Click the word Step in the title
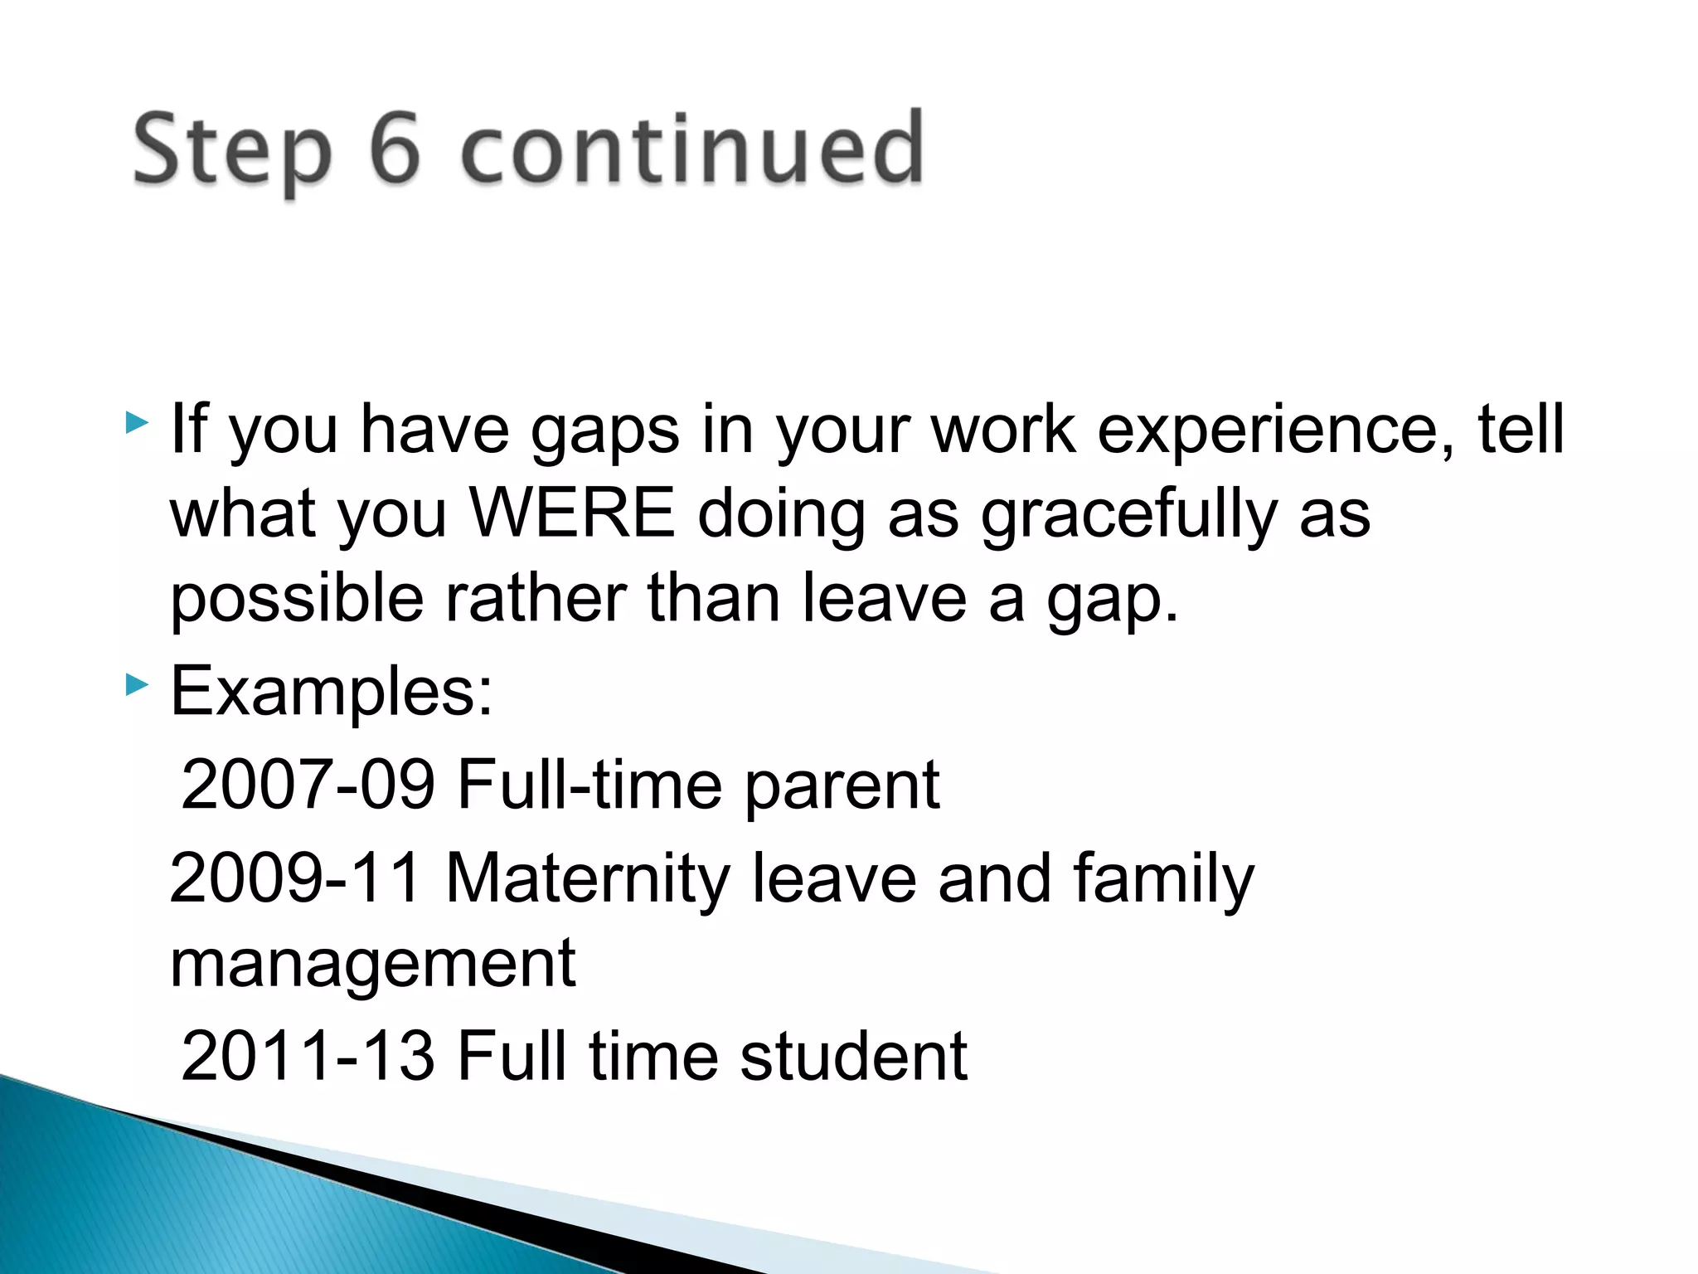232,152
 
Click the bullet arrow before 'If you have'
137,424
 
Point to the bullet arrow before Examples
137,685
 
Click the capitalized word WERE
572,513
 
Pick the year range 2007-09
308,784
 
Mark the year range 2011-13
308,1055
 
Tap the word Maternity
588,879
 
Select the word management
372,965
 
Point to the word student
853,1055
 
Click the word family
1163,879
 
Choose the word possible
298,600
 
